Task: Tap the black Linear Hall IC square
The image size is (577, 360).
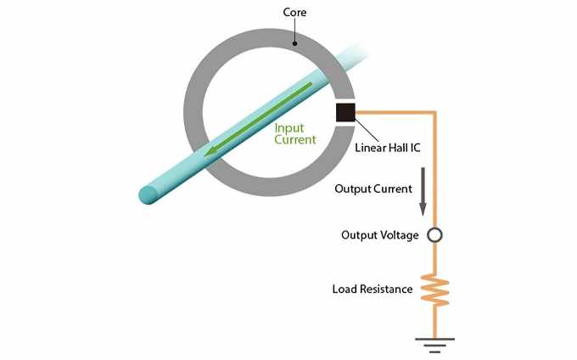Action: pos(346,113)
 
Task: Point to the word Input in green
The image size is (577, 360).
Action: pos(289,127)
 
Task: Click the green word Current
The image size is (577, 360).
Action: pos(294,139)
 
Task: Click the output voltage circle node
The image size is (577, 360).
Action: pos(434,235)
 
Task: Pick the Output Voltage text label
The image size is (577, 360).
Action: pos(379,235)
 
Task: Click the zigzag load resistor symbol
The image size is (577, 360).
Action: pos(434,290)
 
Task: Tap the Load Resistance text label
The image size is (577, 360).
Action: pos(372,290)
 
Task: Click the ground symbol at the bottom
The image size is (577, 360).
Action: pos(434,344)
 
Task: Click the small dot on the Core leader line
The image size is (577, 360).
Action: pos(294,43)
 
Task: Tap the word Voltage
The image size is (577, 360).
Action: pos(399,235)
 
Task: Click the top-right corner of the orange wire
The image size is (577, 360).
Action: pos(434,112)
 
